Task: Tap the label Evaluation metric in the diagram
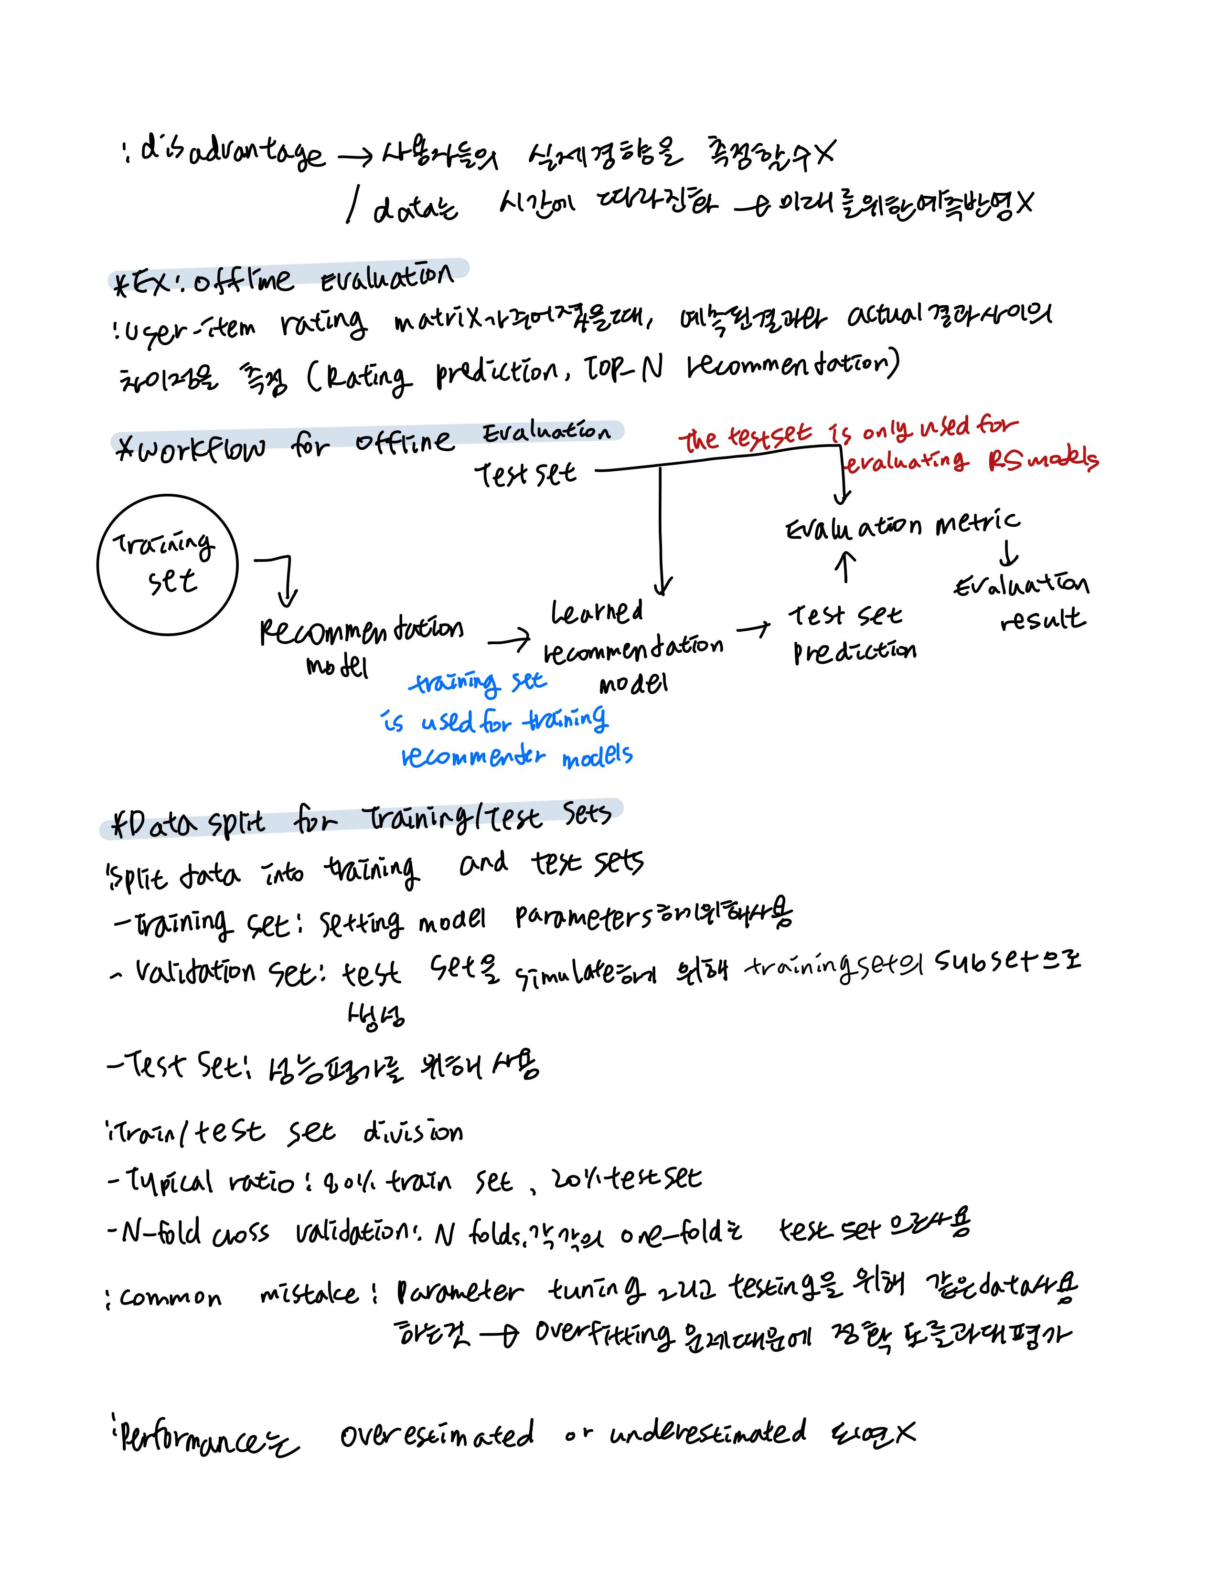click(x=903, y=525)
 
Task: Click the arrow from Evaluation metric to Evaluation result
click(x=1008, y=554)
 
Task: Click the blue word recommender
click(x=473, y=757)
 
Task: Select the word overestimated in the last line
click(x=437, y=1434)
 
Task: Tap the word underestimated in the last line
click(x=707, y=1433)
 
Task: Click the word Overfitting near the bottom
click(x=603, y=1334)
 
